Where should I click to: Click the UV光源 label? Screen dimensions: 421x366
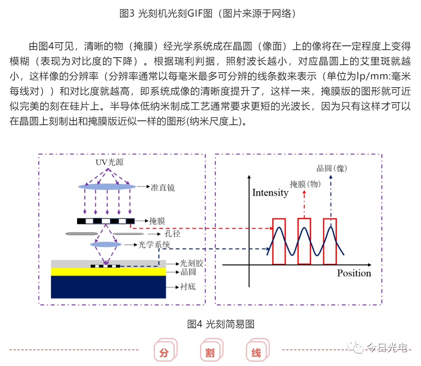tap(109, 162)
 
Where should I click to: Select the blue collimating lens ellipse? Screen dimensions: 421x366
tap(107, 187)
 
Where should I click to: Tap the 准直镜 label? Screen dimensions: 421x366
tap(163, 188)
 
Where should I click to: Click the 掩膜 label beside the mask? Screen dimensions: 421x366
tap(157, 221)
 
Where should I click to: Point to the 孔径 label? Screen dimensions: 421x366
tap(172, 234)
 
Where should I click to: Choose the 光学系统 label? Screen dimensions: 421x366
tap(154, 244)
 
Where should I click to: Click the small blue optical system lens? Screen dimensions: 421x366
tap(106, 244)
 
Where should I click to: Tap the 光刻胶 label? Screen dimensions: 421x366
tap(191, 263)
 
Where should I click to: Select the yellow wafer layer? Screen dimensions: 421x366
tap(108, 272)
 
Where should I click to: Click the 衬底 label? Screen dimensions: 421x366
tap(188, 287)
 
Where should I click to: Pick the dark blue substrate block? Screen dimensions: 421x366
tap(108, 287)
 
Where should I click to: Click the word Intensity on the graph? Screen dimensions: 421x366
tap(270, 193)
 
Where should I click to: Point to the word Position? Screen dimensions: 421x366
tap(354, 273)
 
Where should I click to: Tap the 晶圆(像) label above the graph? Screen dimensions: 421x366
tap(332, 168)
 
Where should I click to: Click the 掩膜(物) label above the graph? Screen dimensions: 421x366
tap(306, 184)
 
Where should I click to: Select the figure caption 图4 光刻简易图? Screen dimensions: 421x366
tap(221, 324)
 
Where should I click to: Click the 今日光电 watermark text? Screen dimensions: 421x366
tap(387, 347)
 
